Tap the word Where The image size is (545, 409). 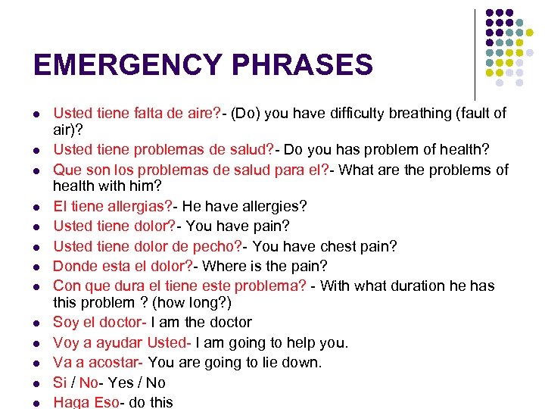click(x=226, y=266)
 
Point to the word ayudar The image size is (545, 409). click(x=117, y=342)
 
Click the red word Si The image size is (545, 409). click(x=60, y=382)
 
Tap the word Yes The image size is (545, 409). click(x=119, y=382)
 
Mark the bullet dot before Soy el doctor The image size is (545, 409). click(x=37, y=323)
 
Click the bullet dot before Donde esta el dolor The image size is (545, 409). click(x=37, y=267)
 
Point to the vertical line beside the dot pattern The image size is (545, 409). click(x=475, y=53)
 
